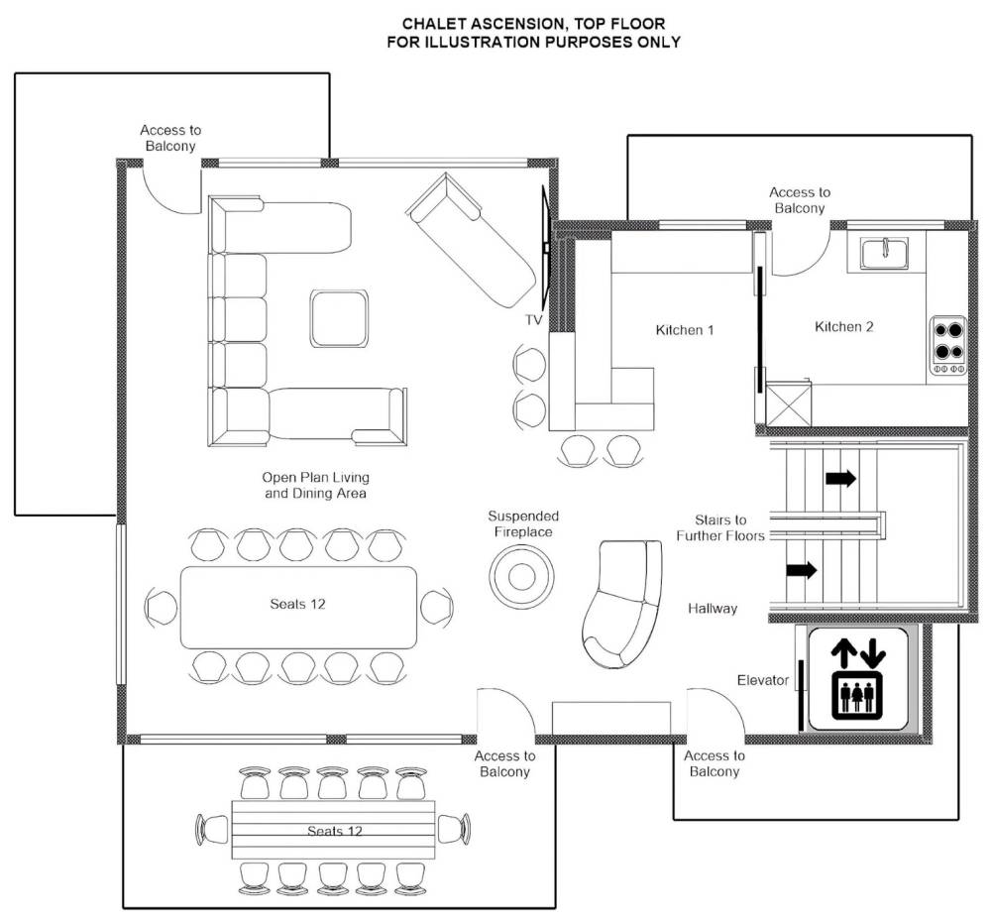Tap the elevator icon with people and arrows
pos(857,679)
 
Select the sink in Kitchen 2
pos(884,254)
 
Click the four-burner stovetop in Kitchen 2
pos(948,346)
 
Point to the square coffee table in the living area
pos(339,318)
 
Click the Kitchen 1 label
pos(685,330)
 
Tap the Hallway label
pos(713,608)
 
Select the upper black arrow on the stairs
pos(840,479)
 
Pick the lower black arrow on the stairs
pos(802,570)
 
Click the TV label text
pos(534,320)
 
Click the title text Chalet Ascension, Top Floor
pos(533,24)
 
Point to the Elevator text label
pos(763,680)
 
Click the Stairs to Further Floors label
pos(720,527)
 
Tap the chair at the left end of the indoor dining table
pos(161,607)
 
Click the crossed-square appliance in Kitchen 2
pos(788,404)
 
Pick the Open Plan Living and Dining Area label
pos(315,486)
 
